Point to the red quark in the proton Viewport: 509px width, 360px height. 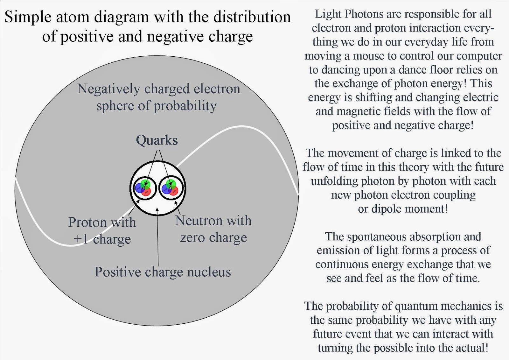tap(146, 191)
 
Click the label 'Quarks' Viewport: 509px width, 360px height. tap(157, 140)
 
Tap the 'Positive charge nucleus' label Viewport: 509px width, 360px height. tap(163, 272)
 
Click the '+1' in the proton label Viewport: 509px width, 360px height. tap(81, 239)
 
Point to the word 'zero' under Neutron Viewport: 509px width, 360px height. tap(192, 237)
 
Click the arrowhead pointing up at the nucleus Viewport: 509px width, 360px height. tap(157, 210)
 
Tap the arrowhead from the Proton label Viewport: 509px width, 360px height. tap(138, 201)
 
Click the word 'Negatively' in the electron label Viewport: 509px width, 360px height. tap(108, 89)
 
